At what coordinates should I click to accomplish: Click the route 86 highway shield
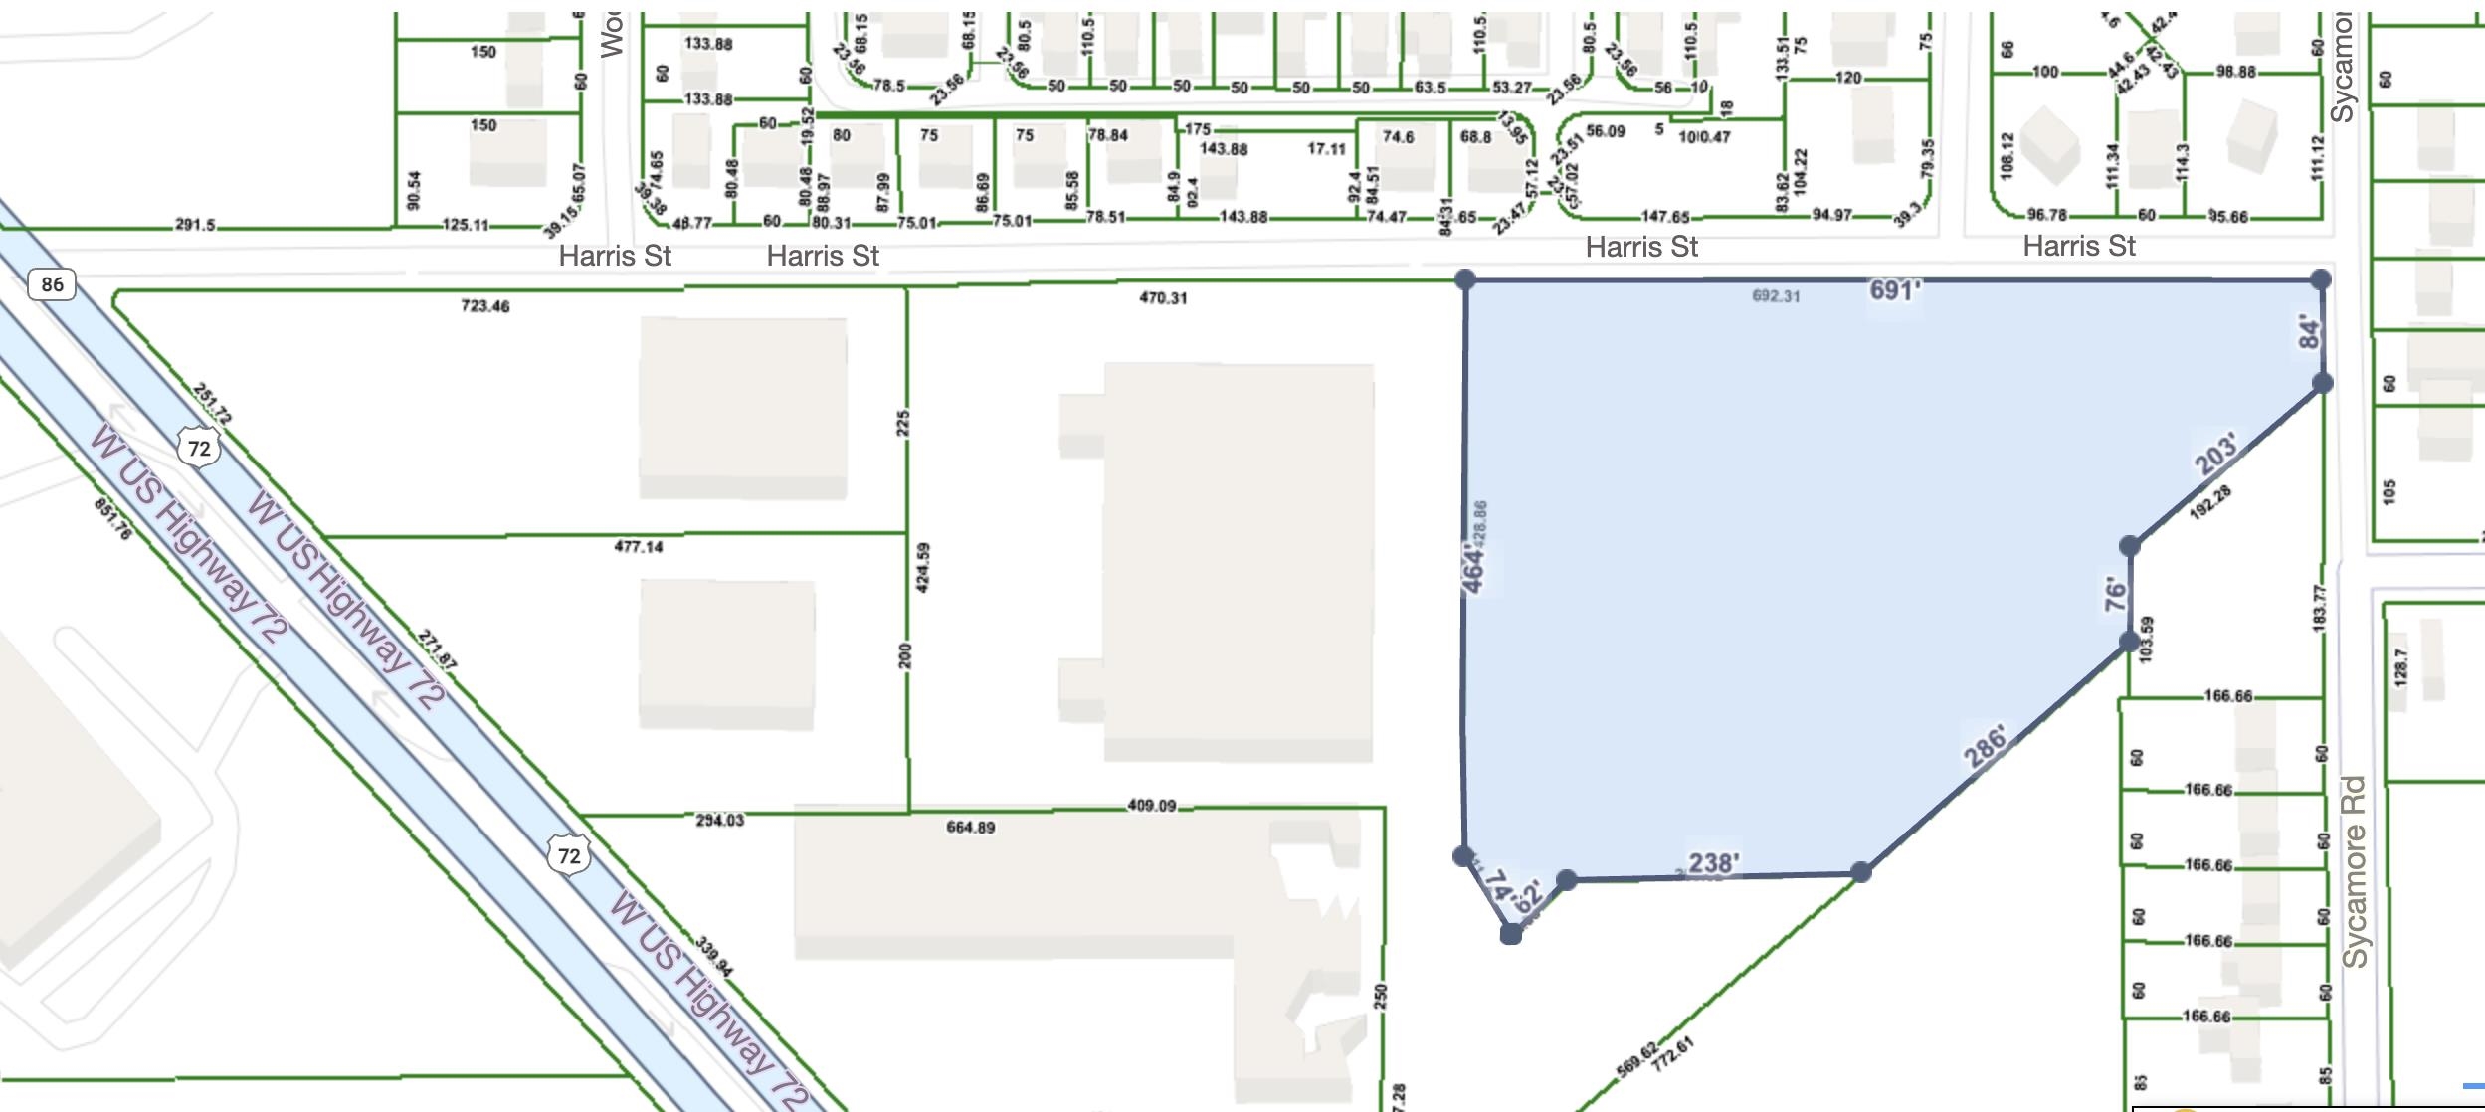click(52, 284)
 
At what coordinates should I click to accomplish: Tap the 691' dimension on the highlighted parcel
click(1894, 289)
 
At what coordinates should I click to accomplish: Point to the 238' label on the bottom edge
click(1713, 862)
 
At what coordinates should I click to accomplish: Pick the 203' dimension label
click(2217, 454)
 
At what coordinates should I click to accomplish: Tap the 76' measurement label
click(2114, 594)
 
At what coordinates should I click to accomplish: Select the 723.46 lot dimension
click(485, 306)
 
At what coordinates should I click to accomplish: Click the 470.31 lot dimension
click(1163, 297)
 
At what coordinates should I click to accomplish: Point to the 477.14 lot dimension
click(639, 546)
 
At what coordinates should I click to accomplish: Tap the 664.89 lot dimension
click(970, 827)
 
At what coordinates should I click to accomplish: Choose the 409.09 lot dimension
click(1151, 805)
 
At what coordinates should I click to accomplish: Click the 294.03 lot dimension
click(719, 821)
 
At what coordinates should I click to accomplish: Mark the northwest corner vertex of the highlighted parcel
click(1464, 279)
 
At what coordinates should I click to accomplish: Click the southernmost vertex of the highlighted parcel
click(1510, 933)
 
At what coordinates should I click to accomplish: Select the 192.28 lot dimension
click(2210, 502)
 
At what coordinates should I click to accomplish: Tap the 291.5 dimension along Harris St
click(195, 225)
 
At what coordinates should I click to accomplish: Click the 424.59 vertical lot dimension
click(922, 567)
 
